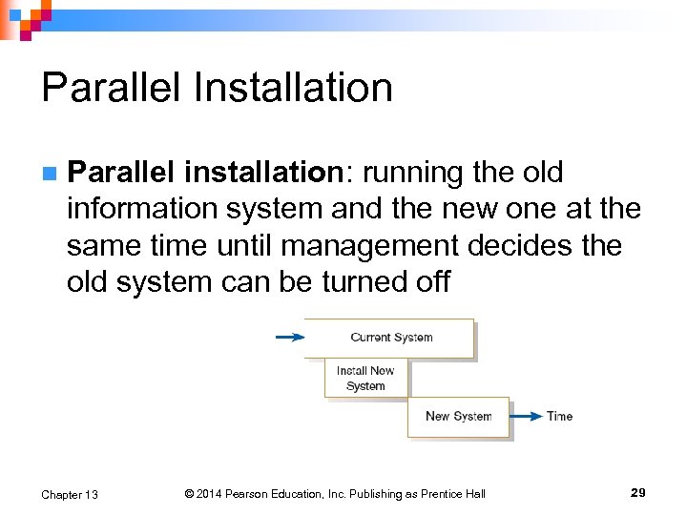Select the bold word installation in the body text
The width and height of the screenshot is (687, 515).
tap(262, 173)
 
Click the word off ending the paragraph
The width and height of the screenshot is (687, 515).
tap(429, 281)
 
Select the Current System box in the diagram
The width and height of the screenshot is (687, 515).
tap(390, 338)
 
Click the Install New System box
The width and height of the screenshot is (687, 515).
tap(365, 378)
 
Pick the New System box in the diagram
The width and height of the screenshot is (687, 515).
tap(458, 417)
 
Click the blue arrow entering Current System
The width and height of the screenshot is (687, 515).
tap(289, 337)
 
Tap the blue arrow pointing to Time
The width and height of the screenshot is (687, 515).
tap(526, 416)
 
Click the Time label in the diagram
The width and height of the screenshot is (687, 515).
tap(559, 416)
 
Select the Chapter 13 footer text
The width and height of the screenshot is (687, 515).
tap(69, 494)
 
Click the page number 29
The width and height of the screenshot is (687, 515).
tap(638, 493)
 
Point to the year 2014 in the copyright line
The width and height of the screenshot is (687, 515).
tap(211, 494)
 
